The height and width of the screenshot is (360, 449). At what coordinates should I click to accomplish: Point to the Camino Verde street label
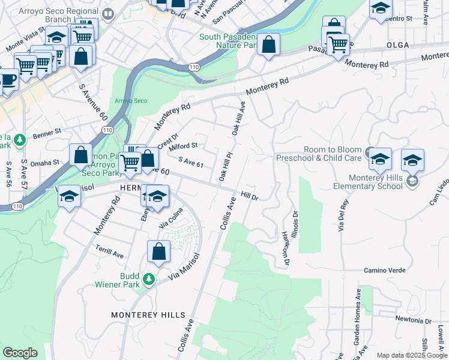[387, 271]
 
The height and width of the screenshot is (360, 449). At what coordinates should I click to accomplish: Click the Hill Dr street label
[249, 196]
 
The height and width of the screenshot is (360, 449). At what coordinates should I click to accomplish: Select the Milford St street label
[183, 146]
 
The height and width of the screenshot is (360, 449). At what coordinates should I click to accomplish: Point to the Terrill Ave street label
[109, 251]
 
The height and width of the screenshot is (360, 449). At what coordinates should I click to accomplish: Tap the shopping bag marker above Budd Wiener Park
[159, 252]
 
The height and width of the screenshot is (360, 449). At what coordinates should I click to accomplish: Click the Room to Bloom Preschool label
[318, 154]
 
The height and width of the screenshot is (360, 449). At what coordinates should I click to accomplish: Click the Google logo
[20, 353]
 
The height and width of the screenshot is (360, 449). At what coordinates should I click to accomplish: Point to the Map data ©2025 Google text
[412, 355]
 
